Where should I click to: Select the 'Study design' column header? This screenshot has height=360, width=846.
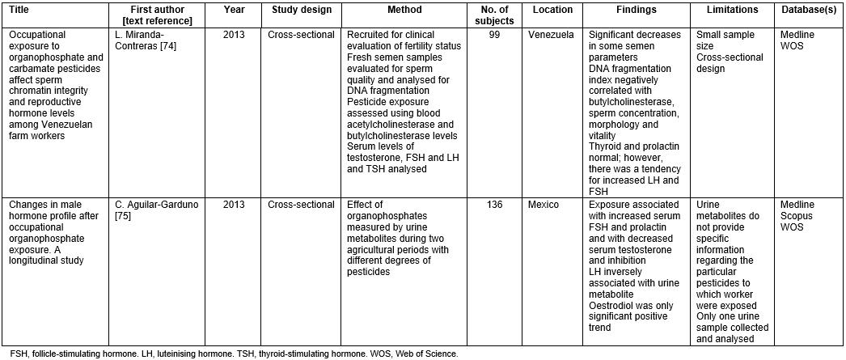click(x=300, y=10)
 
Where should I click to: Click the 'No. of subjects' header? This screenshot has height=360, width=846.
click(x=496, y=15)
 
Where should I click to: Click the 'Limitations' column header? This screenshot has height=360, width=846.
click(x=731, y=10)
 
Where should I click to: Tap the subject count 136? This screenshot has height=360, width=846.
click(x=496, y=205)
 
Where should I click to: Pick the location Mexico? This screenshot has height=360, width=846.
click(x=544, y=205)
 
